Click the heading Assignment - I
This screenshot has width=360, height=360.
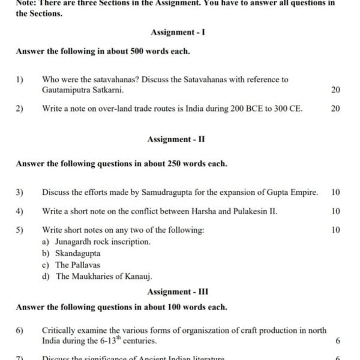point(178,32)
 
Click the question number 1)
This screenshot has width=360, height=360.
point(20,79)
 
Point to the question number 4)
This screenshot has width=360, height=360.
point(20,211)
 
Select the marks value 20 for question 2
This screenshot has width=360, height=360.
point(335,109)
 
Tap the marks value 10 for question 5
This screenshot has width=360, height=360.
point(335,230)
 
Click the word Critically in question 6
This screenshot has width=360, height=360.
point(59,330)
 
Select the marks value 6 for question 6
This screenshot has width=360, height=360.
point(338,341)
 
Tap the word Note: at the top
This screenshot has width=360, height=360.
point(28,3)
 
